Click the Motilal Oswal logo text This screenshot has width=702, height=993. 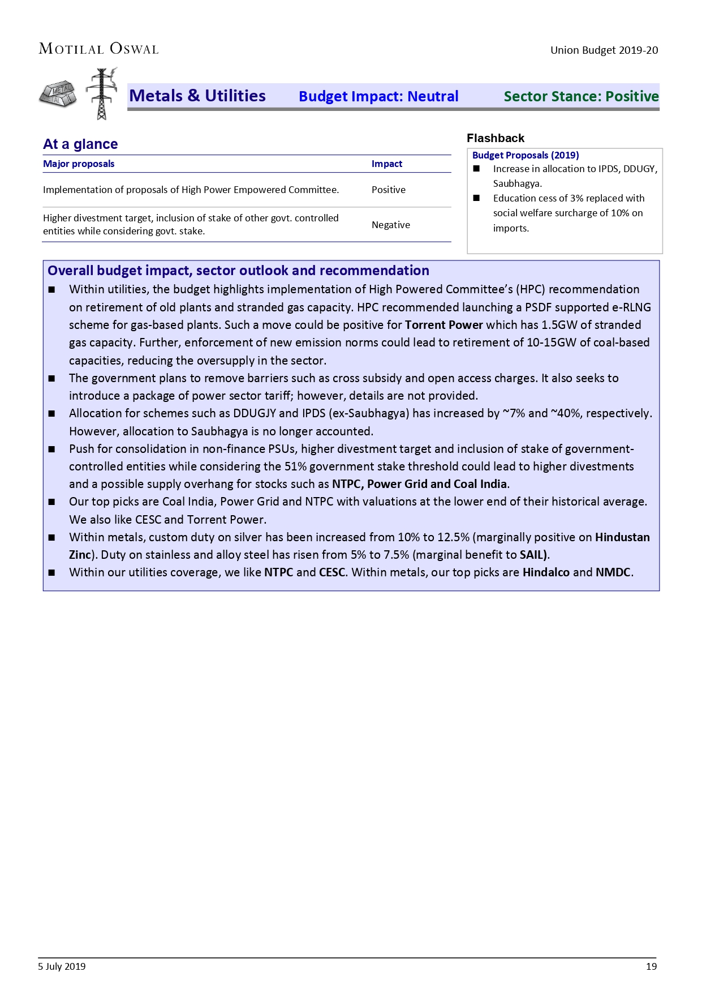98,49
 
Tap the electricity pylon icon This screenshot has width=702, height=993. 102,93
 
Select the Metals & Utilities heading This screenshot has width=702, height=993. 197,96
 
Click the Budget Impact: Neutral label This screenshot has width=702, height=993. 378,96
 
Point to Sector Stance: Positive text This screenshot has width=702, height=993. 581,96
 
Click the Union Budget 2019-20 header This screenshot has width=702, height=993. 604,50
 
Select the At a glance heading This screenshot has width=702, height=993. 80,144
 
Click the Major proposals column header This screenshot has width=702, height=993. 79,164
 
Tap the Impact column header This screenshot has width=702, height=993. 387,164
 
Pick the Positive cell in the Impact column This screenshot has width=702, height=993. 389,190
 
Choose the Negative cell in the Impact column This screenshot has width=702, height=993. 391,225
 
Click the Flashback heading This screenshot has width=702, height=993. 496,138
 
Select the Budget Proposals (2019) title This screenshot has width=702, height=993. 526,155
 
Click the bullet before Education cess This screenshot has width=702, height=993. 476,198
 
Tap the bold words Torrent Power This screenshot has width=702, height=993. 444,325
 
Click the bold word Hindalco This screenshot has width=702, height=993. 546,572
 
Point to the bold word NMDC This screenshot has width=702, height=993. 613,572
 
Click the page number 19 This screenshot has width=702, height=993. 651,966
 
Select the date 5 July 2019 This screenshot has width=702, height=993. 62,966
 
